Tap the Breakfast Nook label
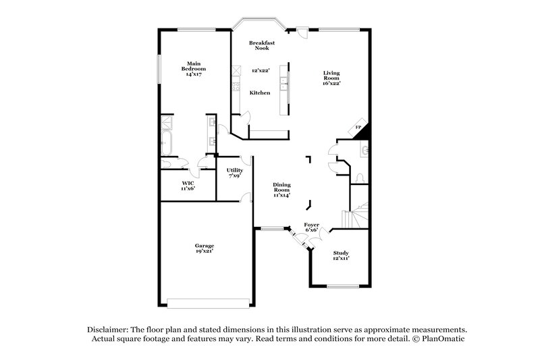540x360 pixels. (261, 46)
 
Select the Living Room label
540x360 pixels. (331, 76)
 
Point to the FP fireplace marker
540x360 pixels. (358, 127)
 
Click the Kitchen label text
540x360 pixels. (260, 92)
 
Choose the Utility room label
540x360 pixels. (234, 170)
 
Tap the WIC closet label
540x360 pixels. (188, 183)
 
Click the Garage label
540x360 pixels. (205, 246)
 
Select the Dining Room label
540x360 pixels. (281, 187)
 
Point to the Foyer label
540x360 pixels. (311, 225)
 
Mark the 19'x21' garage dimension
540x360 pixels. (205, 251)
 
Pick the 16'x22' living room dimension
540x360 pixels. (331, 84)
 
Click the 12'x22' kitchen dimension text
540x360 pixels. (260, 70)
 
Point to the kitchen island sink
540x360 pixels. (284, 85)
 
